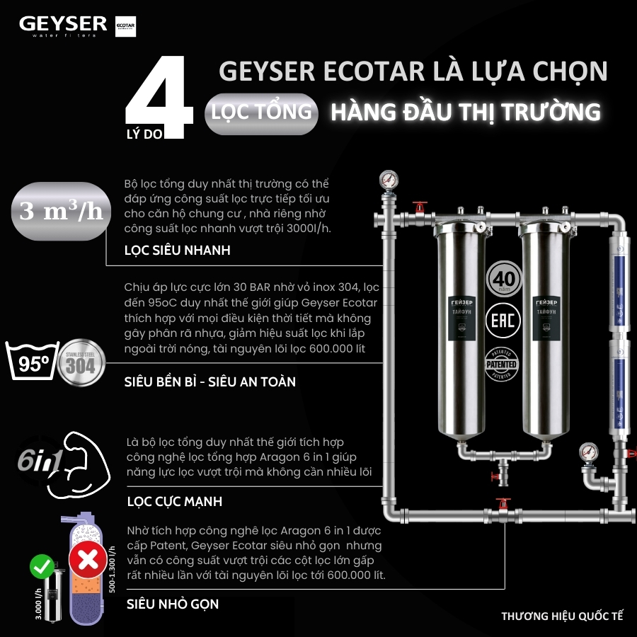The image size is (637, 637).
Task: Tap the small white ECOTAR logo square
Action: pos(125,26)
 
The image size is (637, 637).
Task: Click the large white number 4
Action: pos(159,96)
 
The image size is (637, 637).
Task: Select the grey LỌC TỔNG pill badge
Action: pos(260,113)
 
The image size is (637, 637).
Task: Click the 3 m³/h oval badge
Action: pos(61,212)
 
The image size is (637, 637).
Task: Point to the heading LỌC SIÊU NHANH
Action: pos(177,251)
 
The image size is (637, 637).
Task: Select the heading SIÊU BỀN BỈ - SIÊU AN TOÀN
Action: pos(210,381)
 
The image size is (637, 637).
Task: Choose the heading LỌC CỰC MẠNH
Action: pos(174,501)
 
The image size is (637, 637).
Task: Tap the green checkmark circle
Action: pos(40,566)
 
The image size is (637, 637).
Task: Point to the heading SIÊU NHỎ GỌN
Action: pos(172,604)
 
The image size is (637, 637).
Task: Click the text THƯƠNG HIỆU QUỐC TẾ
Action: pos(562,615)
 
